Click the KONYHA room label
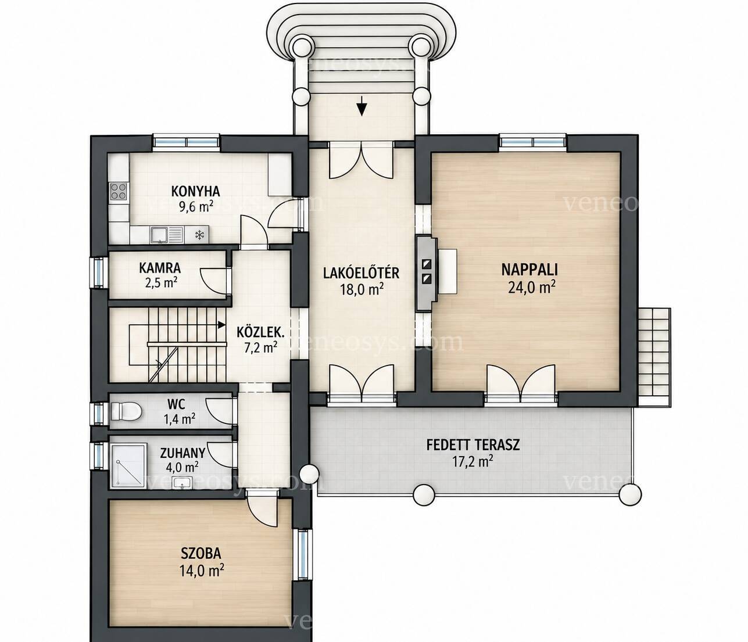tap(195, 191)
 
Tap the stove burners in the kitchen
tap(119, 192)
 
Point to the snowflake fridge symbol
tap(199, 235)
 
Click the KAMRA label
tap(160, 268)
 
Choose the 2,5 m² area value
tap(160, 283)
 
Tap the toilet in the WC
tap(125, 411)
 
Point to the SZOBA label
tap(201, 553)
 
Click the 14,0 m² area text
tap(201, 571)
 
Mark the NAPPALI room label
tap(529, 270)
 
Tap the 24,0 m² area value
tap(531, 288)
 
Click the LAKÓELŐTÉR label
tap(361, 272)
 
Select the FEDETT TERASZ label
tap(473, 444)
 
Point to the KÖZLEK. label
tap(260, 331)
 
